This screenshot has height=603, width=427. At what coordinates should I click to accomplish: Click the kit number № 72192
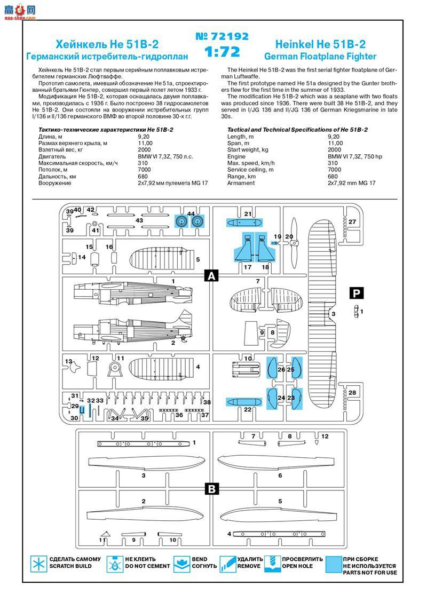click(222, 37)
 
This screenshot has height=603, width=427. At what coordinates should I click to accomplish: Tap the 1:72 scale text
click(222, 52)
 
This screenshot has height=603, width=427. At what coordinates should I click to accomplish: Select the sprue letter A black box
click(212, 276)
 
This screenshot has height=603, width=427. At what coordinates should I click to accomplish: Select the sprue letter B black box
click(212, 489)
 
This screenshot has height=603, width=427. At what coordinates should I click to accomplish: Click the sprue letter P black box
click(356, 292)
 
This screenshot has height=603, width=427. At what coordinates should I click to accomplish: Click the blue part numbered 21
click(243, 222)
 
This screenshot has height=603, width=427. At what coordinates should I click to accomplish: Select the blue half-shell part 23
click(297, 398)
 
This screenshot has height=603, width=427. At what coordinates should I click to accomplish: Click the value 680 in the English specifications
click(333, 177)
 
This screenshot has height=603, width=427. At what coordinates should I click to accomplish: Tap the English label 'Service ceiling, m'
click(250, 170)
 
